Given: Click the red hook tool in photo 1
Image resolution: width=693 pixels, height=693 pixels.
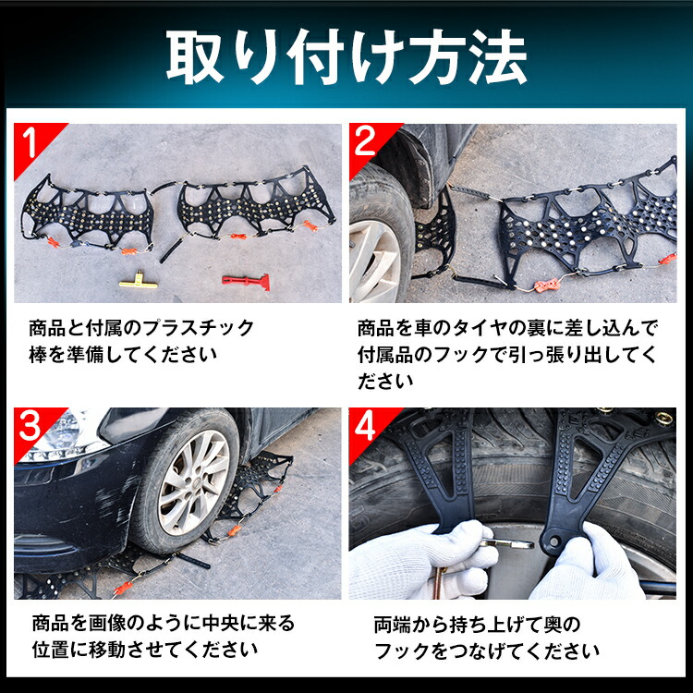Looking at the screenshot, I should tap(244, 278).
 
